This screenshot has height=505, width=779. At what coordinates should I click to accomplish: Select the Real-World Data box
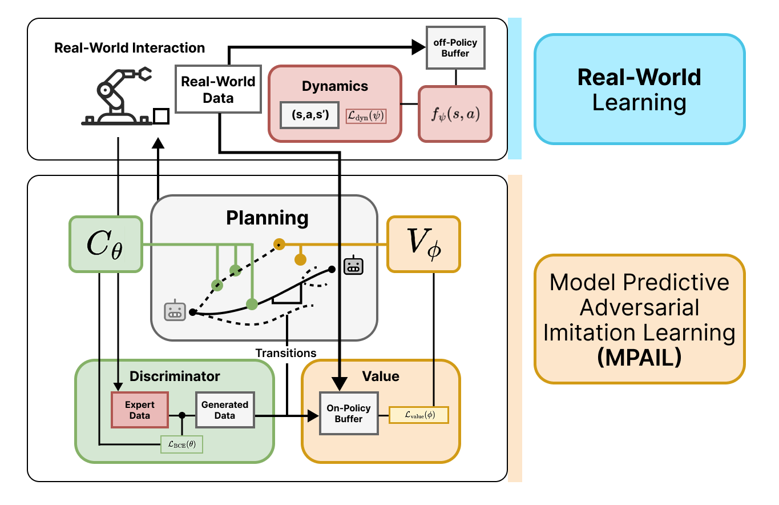218,89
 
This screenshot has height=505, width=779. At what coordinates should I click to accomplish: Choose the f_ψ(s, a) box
455,114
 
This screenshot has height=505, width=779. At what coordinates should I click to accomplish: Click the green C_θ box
105,243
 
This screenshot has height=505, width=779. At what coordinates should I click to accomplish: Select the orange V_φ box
423,243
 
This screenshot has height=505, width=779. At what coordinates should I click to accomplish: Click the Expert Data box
140,410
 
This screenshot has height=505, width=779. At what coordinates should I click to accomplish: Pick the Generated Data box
225,410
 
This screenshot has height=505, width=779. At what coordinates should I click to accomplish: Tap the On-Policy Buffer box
349,414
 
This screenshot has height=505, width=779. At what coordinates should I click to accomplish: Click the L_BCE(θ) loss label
181,444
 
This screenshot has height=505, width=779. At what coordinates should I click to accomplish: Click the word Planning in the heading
267,218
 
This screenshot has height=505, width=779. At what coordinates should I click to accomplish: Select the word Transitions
285,353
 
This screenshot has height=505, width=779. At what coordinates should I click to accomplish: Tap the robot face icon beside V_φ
353,266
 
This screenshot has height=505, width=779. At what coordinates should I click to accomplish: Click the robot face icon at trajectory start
175,311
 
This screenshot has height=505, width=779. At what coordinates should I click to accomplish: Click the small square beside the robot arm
161,117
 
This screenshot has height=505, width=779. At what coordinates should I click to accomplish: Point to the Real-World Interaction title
130,47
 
